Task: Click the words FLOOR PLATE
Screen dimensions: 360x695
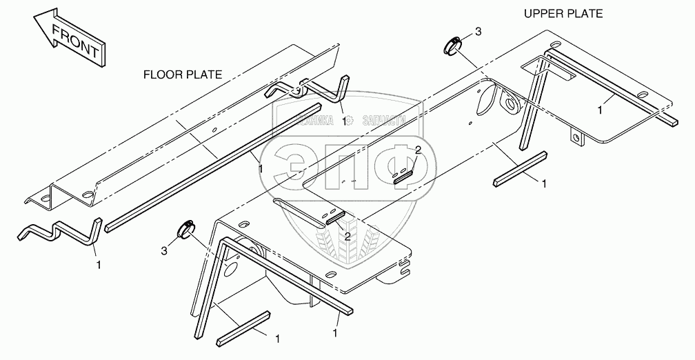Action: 182,74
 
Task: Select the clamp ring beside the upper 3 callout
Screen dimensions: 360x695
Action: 448,46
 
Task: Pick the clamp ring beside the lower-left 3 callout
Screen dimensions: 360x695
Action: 185,228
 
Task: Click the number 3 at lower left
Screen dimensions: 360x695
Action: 164,249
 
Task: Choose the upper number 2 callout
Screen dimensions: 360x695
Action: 417,150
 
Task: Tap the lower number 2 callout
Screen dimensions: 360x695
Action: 347,236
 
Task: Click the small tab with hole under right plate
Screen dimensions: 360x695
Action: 577,139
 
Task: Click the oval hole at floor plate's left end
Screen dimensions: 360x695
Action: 46,199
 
